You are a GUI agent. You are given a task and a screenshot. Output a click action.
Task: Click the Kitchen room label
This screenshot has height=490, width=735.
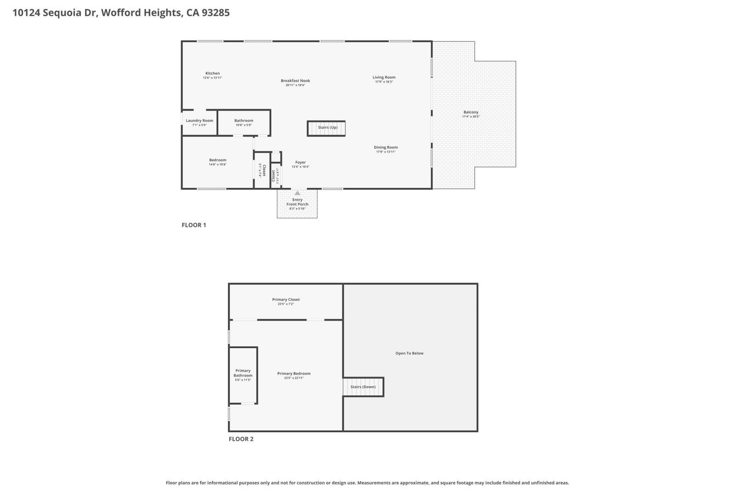pyautogui.click(x=212, y=73)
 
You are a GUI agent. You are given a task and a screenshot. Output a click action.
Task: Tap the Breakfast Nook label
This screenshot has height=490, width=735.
pyautogui.click(x=295, y=81)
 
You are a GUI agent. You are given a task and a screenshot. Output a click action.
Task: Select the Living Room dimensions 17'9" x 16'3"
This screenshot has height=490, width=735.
pyautogui.click(x=384, y=82)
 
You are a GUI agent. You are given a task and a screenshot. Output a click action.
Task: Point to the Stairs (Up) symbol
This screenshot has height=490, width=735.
pyautogui.click(x=326, y=128)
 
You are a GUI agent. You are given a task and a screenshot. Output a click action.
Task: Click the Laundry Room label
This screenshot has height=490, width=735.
pyautogui.click(x=199, y=121)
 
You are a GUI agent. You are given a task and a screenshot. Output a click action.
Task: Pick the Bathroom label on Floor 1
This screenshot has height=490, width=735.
pyautogui.click(x=243, y=121)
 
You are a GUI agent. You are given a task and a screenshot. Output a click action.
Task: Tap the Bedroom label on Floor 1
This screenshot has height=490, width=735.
pyautogui.click(x=218, y=160)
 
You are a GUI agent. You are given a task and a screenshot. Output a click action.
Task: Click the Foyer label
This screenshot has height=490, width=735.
pyautogui.click(x=300, y=162)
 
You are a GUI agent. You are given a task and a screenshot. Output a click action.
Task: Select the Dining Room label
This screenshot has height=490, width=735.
pyautogui.click(x=385, y=147)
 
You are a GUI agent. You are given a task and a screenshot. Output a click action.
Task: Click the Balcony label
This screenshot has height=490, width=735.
pyautogui.click(x=471, y=112)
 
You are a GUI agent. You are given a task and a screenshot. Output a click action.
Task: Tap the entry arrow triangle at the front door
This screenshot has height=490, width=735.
pyautogui.click(x=297, y=193)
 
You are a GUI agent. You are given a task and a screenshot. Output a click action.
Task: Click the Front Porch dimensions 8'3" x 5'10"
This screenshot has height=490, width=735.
pyautogui.click(x=297, y=209)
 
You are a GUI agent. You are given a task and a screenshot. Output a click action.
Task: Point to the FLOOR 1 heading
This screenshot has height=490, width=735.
pyautogui.click(x=194, y=225)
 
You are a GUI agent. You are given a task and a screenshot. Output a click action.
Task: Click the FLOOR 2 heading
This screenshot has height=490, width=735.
pyautogui.click(x=241, y=439)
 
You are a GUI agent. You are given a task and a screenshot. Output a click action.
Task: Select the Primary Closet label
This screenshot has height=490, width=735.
pyautogui.click(x=286, y=299)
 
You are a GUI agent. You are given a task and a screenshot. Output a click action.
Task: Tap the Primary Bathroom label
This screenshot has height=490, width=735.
pyautogui.click(x=243, y=373)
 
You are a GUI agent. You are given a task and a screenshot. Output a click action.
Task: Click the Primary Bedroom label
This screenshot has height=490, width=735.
pyautogui.click(x=294, y=373)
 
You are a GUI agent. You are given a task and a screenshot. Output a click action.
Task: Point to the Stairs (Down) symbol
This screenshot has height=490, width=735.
pyautogui.click(x=363, y=387)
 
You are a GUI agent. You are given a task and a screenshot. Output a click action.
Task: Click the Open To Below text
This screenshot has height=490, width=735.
pyautogui.click(x=409, y=353)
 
